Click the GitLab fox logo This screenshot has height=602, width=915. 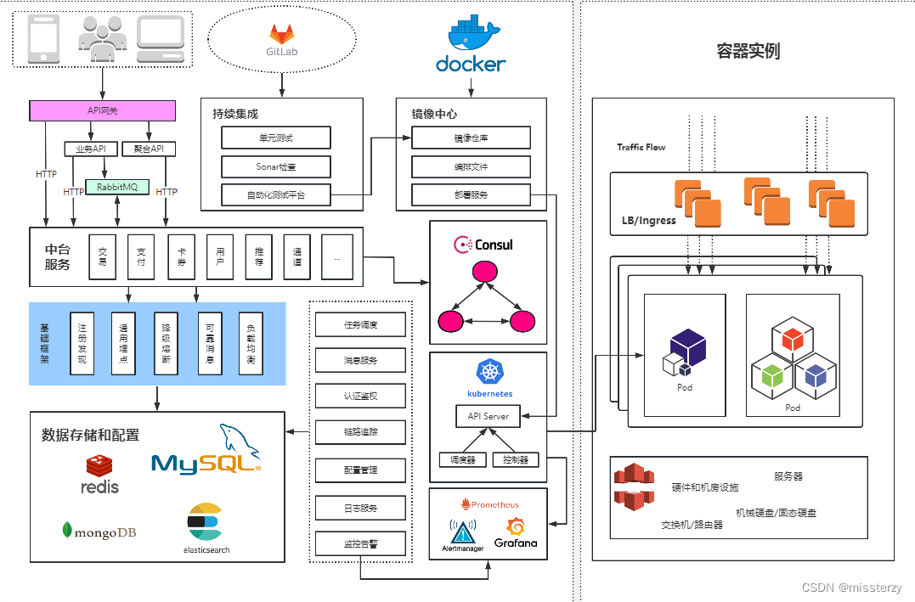pos(281,35)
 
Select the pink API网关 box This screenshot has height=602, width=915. pos(103,110)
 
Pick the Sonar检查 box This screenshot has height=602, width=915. pos(276,166)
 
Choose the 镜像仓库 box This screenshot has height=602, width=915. pos(471,138)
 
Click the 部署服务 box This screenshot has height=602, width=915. pos(471,194)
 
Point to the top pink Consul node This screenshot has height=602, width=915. pos(484,273)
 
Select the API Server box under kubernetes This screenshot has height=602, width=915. pos(488,416)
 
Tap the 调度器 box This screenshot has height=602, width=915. pos(463,459)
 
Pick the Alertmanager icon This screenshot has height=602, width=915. pos(462,532)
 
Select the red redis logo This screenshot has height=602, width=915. pos(99,465)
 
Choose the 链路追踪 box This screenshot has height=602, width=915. pos(360,432)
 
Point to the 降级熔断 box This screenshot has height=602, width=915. pos(166,343)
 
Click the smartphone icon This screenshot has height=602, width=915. pos(43,39)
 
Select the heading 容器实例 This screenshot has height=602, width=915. pos(748,51)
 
